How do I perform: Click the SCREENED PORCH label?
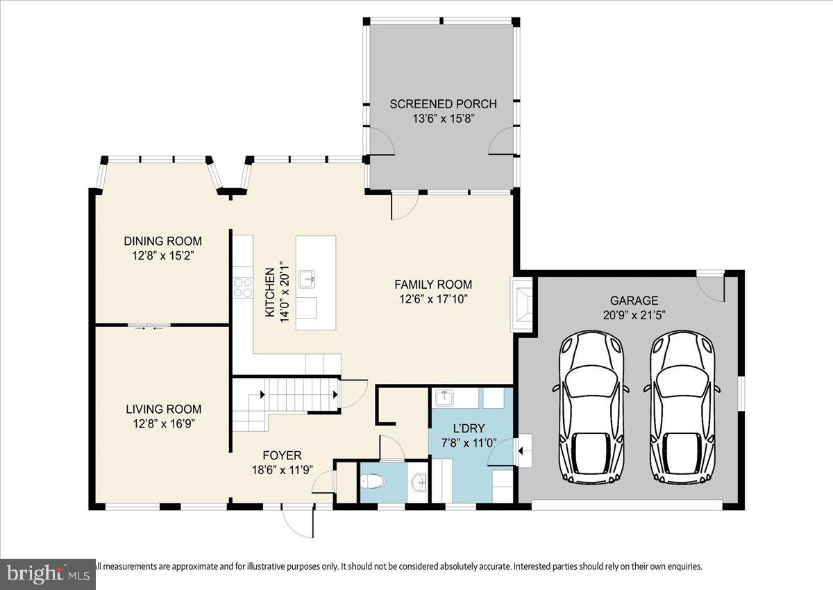[x=443, y=104]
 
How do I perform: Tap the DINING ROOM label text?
[x=162, y=242]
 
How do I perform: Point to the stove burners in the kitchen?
[x=243, y=287]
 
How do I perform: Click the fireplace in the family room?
[x=523, y=304]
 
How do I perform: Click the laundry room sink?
[x=444, y=398]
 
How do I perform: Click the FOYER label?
[x=283, y=455]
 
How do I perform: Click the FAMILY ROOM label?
[x=433, y=284]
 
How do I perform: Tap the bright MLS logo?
[x=47, y=574]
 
